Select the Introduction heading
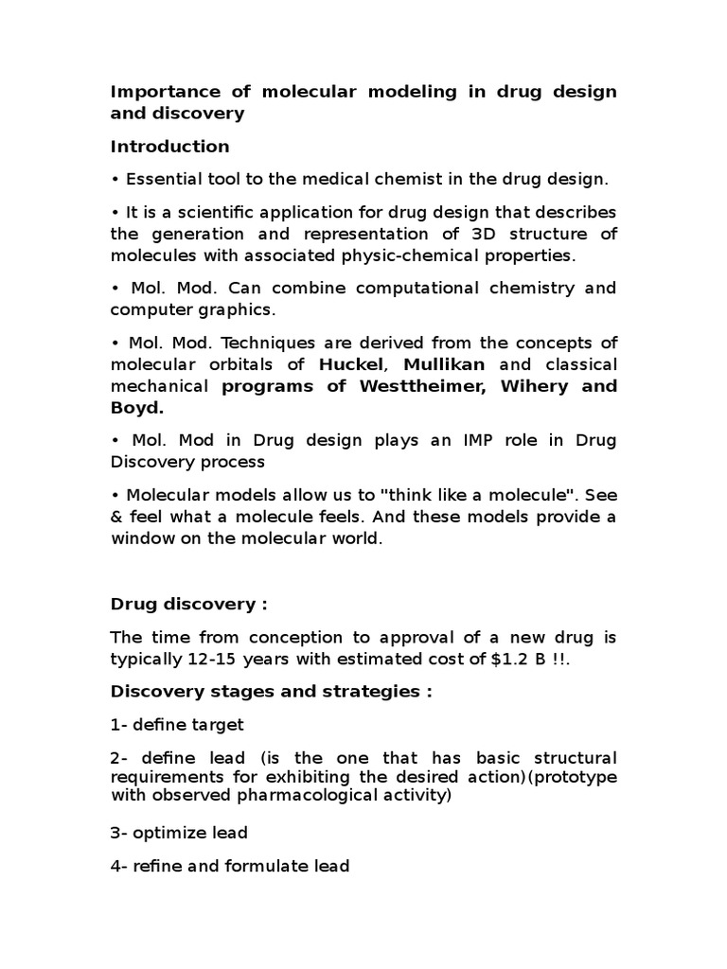point(169,147)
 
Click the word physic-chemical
point(425,255)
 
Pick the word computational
point(409,288)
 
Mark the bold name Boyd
point(137,408)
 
